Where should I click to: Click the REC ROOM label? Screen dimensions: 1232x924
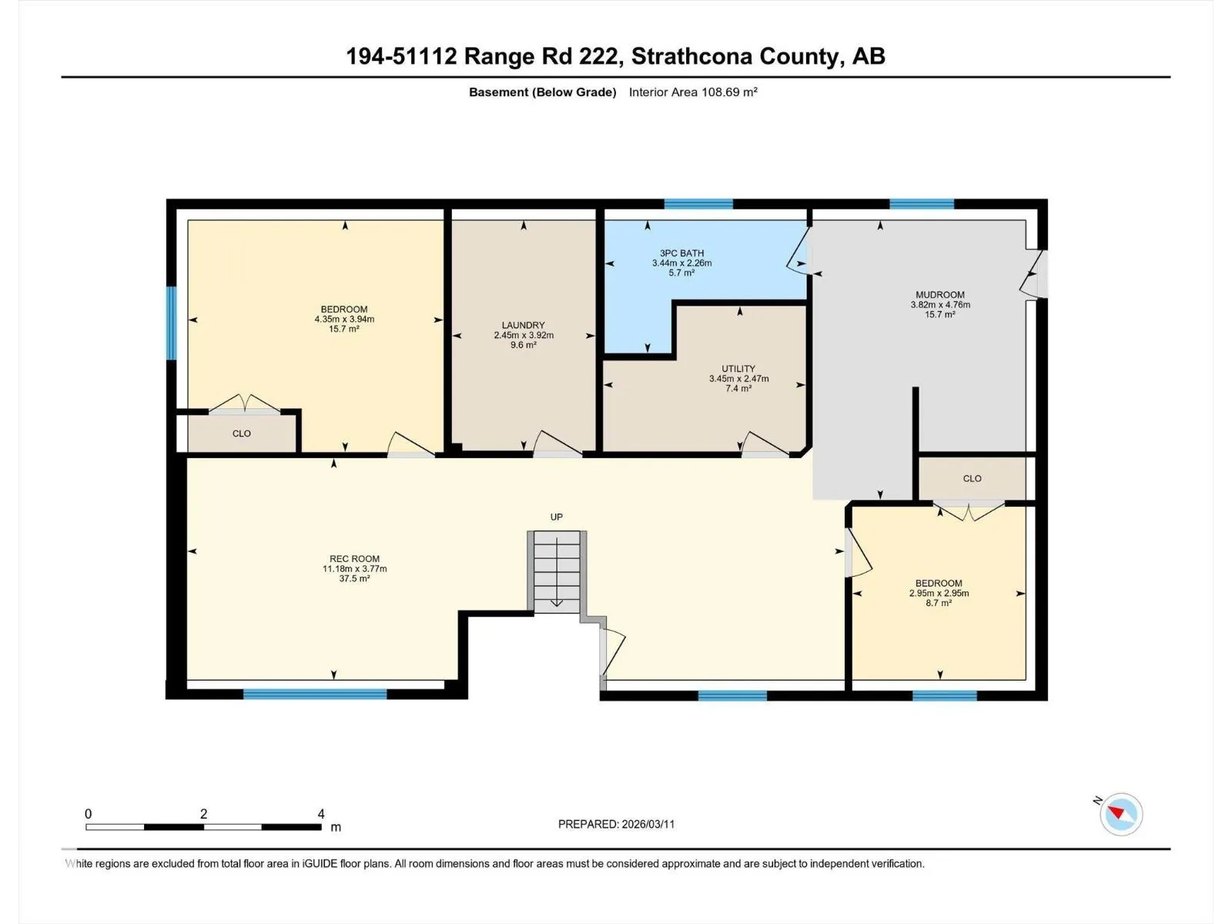(354, 559)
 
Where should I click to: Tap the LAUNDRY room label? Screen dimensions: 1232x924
(523, 326)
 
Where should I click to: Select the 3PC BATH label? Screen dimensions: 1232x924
(681, 253)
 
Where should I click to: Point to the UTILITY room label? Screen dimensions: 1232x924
(738, 369)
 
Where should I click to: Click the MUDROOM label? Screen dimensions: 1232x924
(939, 295)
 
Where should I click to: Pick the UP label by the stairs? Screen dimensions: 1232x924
(556, 517)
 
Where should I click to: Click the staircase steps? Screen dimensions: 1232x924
(556, 571)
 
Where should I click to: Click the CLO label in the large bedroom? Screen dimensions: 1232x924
(241, 434)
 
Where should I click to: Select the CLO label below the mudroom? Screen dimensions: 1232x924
(973, 478)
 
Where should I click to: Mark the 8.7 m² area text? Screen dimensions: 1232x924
(939, 603)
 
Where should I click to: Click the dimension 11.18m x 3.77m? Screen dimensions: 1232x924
(354, 569)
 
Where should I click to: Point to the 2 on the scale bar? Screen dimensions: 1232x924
(204, 814)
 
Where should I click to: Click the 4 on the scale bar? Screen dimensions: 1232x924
(321, 814)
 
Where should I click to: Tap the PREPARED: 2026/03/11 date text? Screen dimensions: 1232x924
(616, 824)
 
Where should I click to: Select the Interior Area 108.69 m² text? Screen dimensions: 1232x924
(693, 92)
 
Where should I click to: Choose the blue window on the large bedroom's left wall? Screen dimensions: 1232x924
(171, 323)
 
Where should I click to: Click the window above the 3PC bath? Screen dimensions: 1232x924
(699, 203)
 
